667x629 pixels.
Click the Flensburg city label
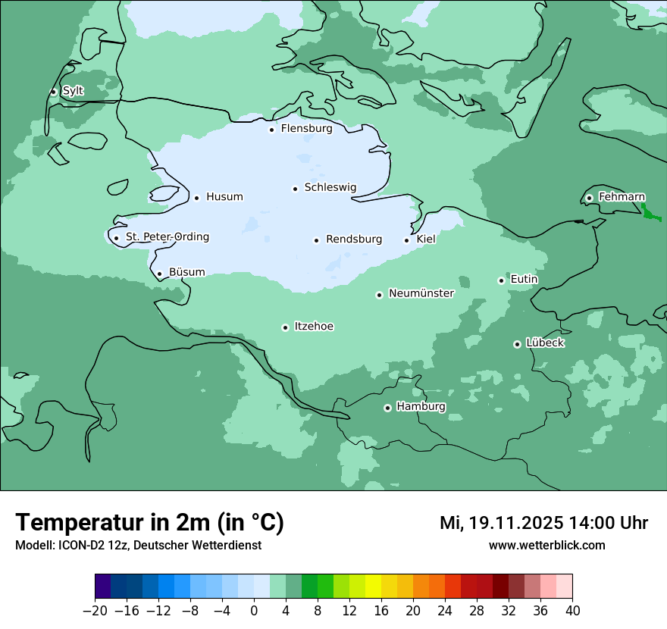[306, 129]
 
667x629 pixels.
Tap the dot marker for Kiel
[407, 240]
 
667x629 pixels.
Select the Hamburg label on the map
[421, 407]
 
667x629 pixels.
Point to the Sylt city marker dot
[53, 92]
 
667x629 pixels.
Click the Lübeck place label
[545, 343]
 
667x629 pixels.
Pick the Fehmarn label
[622, 197]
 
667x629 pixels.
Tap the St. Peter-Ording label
[167, 237]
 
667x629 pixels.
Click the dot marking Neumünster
[379, 295]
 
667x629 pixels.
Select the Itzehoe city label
[314, 327]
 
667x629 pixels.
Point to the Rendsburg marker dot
[316, 240]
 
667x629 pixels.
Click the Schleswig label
[330, 188]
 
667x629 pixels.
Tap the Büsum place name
[186, 273]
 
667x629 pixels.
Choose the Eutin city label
[524, 280]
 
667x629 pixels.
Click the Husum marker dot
[196, 198]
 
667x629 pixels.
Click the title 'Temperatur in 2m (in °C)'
[149, 523]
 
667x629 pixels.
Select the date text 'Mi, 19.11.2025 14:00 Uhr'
[543, 523]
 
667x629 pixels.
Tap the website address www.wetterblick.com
[546, 546]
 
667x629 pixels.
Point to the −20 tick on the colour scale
[96, 611]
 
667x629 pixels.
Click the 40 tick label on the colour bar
[572, 611]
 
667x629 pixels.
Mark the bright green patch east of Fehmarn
[648, 213]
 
